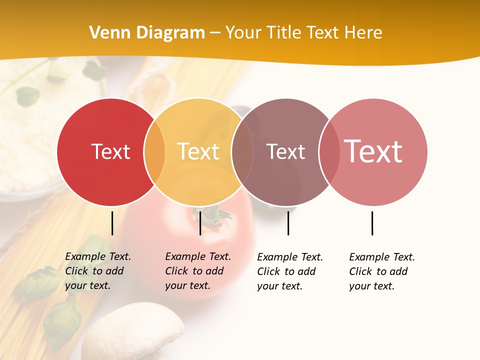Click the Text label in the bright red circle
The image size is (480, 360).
110,151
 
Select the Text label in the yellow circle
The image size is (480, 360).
198,151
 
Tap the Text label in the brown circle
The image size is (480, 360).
285,152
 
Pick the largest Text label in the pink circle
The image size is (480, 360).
373,151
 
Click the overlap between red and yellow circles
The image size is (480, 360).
154,152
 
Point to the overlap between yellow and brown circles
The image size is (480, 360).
242,152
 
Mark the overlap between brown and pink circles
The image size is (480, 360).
328,152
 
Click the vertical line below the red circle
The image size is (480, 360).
112,223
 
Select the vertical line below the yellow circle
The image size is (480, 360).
200,223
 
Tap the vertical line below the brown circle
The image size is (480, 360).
288,223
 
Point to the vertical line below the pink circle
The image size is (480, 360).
372,223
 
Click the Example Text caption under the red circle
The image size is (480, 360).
98,271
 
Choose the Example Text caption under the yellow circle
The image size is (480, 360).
198,271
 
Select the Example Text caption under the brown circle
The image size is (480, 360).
290,271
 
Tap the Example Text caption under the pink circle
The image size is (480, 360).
382,271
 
